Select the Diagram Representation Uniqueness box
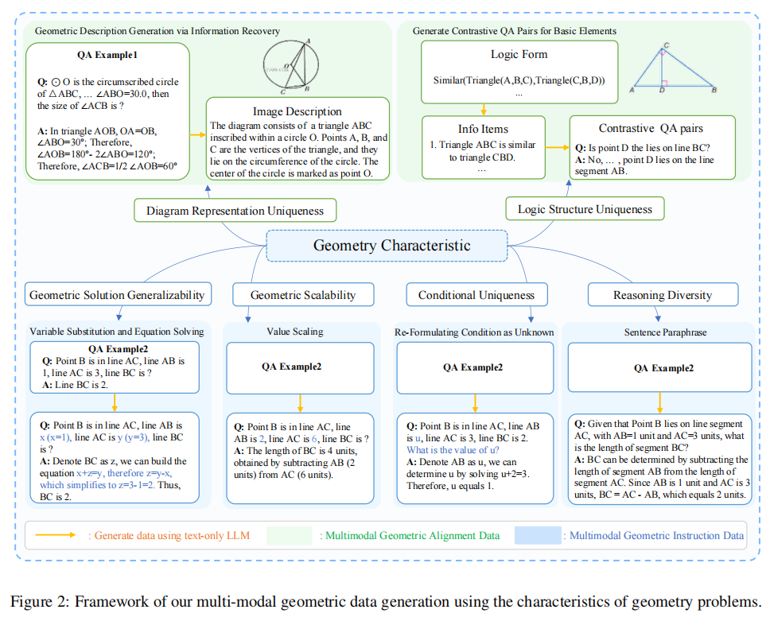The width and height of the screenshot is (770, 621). coord(235,211)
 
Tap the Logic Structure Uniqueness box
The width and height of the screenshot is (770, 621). coord(585,209)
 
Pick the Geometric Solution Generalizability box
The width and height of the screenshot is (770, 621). coord(118,295)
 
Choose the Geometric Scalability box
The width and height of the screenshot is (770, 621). coord(302,295)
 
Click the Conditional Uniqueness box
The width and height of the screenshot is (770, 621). coord(476,295)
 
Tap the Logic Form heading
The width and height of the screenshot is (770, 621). coord(519,55)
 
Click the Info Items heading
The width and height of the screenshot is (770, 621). coord(484,128)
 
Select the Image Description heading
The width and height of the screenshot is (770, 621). coord(297,111)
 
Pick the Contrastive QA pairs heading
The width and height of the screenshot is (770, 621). coord(651,128)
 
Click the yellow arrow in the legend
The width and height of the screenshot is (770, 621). coord(60,535)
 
